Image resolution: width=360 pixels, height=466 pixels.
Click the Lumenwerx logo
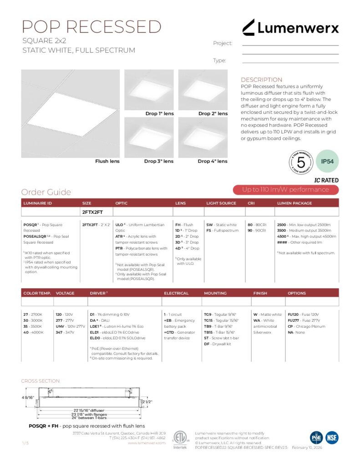[290, 28]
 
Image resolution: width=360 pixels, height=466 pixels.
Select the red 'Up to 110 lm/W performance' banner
[285, 190]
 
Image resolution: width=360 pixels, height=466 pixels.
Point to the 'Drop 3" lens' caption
[159, 161]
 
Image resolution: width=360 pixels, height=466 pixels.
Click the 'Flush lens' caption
[107, 161]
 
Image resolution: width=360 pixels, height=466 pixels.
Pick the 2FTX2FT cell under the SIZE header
[92, 212]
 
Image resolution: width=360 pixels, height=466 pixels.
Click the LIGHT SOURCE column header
[221, 203]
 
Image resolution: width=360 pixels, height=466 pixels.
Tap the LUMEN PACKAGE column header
[294, 203]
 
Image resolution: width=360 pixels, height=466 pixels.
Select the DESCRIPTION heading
[261, 80]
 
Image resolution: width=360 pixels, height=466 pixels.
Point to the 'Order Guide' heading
[46, 192]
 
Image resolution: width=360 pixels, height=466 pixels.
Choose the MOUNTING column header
[215, 293]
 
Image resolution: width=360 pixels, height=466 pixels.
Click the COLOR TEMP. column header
[37, 293]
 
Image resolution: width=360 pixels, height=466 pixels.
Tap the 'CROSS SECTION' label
[41, 381]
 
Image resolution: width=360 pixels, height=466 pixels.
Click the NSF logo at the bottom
[332, 438]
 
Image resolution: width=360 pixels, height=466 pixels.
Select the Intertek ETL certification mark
[180, 440]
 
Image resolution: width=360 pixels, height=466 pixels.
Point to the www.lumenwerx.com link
[147, 443]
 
